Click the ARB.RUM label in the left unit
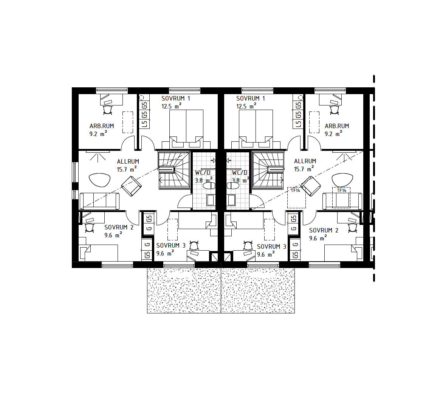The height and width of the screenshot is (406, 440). (x=102, y=126)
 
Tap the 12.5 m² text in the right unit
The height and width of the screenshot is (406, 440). (x=246, y=106)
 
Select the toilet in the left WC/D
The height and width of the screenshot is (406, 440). (x=209, y=186)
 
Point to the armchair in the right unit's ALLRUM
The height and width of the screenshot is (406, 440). (x=311, y=186)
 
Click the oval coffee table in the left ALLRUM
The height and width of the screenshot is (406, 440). (x=100, y=180)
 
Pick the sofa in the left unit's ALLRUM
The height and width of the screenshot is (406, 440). (x=99, y=201)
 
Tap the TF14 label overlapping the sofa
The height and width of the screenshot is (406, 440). (x=341, y=191)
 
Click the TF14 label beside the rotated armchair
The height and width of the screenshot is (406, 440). (x=295, y=191)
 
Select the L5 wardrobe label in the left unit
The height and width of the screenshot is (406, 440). (x=144, y=124)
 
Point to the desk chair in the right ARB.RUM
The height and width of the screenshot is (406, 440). (x=334, y=110)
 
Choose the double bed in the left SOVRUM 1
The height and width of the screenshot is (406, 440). (x=186, y=129)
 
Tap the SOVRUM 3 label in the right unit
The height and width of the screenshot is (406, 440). (x=271, y=246)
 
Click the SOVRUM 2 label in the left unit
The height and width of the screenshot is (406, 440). (x=119, y=227)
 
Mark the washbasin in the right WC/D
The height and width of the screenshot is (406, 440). (x=231, y=200)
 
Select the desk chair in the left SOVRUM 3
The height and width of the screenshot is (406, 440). (x=194, y=245)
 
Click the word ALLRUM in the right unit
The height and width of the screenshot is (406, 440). (x=305, y=161)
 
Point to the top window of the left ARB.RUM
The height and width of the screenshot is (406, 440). (x=112, y=90)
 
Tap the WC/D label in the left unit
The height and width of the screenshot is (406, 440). (x=203, y=172)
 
